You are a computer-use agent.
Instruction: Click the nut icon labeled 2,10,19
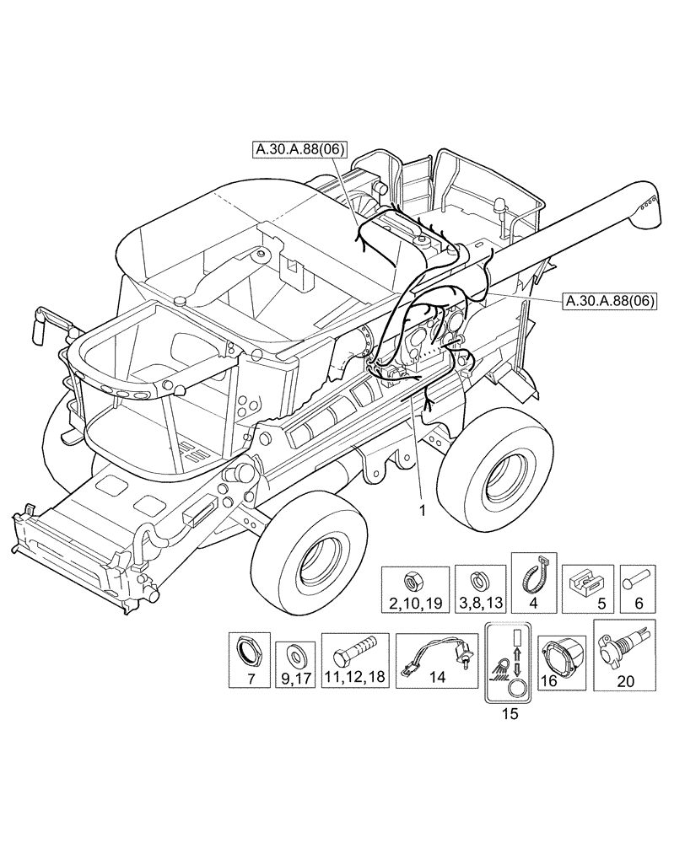[x=413, y=580]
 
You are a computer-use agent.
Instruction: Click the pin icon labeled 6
[x=638, y=582]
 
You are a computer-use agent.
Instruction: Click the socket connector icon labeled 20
[x=624, y=651]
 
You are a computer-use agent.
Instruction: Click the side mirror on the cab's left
[x=41, y=324]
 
